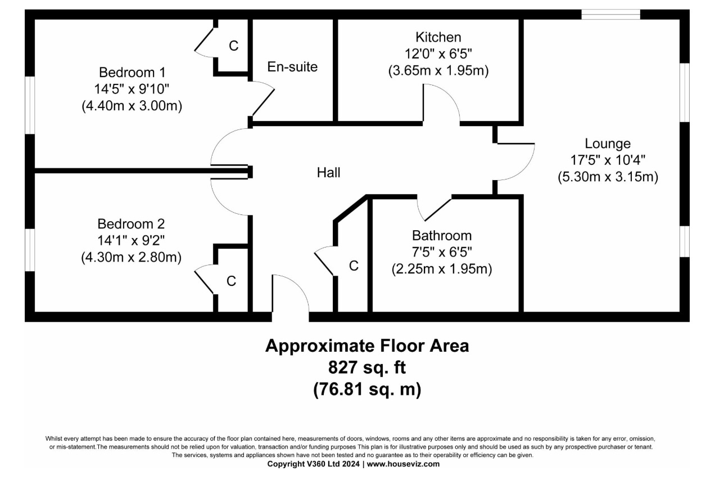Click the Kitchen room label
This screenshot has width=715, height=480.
tap(438, 37)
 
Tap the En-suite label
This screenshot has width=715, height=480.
tap(292, 67)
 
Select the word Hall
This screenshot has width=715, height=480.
tap(328, 173)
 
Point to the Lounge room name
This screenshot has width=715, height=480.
tap(607, 143)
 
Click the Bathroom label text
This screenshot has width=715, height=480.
tap(441, 235)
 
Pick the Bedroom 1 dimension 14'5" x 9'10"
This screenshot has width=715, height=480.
tap(132, 89)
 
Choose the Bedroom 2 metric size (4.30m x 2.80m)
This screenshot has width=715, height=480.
tap(131, 258)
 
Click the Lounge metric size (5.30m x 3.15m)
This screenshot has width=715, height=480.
tap(608, 177)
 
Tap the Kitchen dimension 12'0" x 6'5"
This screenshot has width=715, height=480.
tap(438, 54)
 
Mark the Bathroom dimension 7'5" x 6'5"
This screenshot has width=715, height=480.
tap(441, 252)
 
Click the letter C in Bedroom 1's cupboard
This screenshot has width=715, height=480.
tap(233, 46)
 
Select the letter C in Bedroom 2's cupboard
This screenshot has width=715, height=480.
tap(231, 281)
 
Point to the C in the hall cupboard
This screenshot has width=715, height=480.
tap(354, 266)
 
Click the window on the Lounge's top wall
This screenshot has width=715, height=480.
tap(610, 15)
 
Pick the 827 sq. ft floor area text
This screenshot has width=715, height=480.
tap(366, 367)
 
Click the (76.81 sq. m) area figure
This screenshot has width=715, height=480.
tap(366, 389)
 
